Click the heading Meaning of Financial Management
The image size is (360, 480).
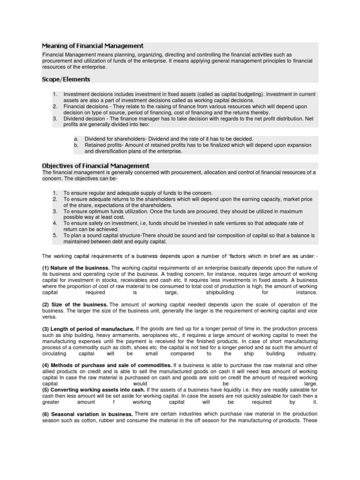click(92, 46)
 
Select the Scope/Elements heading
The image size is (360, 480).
click(66, 79)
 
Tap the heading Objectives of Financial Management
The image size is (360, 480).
click(96, 165)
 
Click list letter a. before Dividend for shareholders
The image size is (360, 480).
click(75, 139)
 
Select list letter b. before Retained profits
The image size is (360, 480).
click(75, 145)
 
